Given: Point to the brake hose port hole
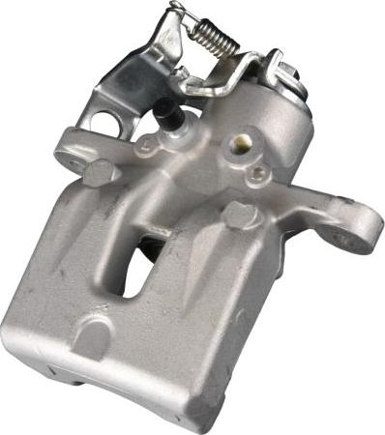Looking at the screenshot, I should (238, 146).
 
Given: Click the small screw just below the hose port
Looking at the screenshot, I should (258, 174).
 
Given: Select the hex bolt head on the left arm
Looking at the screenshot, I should (100, 174).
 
